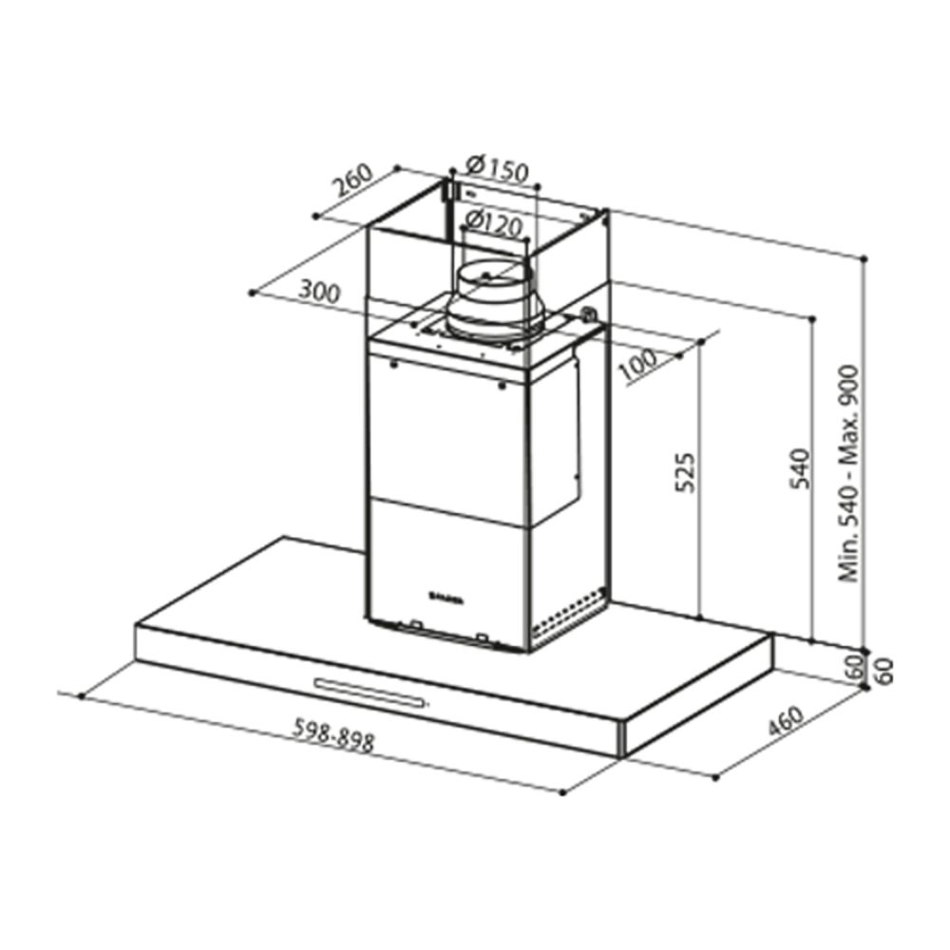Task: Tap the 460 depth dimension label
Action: tap(785, 726)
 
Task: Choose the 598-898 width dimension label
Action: tap(332, 735)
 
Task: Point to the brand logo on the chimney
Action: tap(445, 597)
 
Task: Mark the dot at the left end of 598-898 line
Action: tap(83, 696)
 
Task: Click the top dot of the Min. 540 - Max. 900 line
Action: tap(864, 257)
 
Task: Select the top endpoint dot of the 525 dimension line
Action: tap(700, 341)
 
